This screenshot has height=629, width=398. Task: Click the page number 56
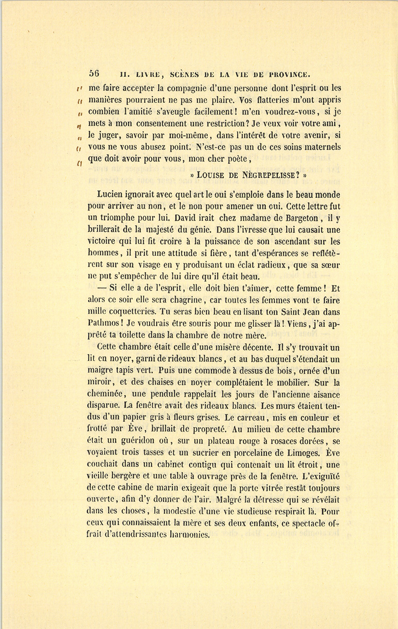(x=94, y=73)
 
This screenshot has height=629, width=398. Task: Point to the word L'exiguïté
(x=320, y=476)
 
